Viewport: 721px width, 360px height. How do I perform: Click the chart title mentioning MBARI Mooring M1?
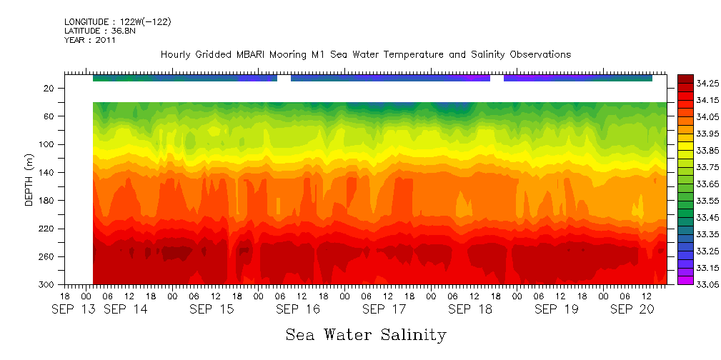(x=365, y=55)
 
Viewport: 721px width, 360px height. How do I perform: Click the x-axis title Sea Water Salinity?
(x=366, y=334)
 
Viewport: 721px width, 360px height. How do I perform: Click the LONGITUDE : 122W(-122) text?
(x=117, y=21)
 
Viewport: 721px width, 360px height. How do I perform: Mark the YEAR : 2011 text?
(x=89, y=40)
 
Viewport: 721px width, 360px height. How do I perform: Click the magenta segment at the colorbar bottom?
(x=685, y=281)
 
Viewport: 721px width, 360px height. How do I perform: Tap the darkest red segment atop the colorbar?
(x=685, y=79)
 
